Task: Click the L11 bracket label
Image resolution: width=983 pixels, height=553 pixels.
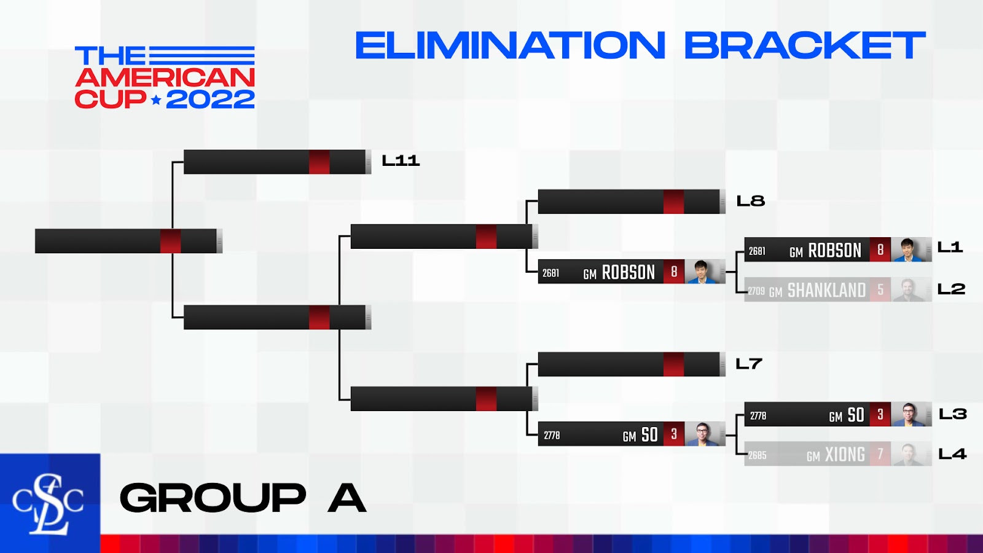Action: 401,160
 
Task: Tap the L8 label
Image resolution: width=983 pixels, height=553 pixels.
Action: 750,201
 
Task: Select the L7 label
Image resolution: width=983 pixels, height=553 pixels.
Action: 749,364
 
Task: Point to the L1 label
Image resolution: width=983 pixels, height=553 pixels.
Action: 950,248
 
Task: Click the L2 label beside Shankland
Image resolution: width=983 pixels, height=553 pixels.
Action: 951,289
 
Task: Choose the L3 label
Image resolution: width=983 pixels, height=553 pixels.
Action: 952,414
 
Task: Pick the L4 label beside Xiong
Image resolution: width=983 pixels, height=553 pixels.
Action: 952,454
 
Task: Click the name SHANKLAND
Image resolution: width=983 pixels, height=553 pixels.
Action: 826,290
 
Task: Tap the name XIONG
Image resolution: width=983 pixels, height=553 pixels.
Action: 845,455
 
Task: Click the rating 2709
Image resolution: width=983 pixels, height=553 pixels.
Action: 756,291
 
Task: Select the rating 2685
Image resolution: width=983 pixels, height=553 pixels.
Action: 758,455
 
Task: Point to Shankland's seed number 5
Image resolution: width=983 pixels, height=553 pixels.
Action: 880,289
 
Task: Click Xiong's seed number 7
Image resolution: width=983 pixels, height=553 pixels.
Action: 880,454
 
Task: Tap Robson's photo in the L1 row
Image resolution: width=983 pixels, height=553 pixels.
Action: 907,249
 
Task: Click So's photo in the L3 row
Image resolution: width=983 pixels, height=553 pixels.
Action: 907,414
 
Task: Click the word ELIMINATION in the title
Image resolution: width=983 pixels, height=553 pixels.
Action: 510,45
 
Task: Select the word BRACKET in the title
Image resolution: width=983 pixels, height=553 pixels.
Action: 805,45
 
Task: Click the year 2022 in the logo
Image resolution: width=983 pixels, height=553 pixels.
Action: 210,99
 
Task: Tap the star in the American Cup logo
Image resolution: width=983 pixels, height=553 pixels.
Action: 156,100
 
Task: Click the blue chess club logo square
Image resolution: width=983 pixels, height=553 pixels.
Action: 50,503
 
